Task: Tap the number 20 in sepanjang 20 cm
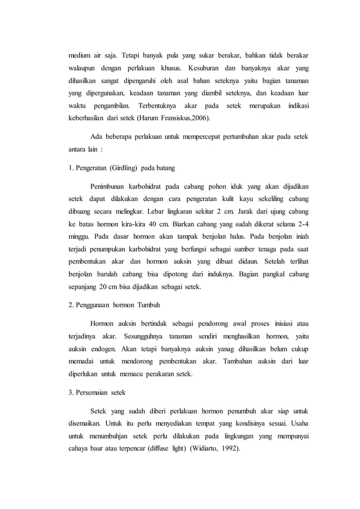pyautogui.click(x=104, y=286)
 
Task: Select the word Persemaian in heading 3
pyautogui.click(x=90, y=391)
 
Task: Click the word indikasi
pyautogui.click(x=297, y=107)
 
